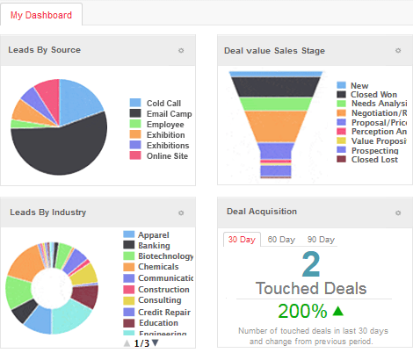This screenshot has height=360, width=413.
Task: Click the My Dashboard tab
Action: [x=42, y=15]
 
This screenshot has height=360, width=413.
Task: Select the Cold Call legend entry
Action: [x=164, y=103]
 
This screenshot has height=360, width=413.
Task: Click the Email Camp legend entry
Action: [x=169, y=113]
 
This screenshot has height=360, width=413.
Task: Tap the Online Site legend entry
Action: [x=167, y=155]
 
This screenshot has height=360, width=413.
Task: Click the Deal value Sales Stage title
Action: [x=275, y=51]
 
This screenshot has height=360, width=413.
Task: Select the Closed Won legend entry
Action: [x=373, y=94]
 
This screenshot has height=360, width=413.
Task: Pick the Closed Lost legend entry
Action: [x=373, y=159]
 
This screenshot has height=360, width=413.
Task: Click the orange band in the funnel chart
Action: [x=278, y=126]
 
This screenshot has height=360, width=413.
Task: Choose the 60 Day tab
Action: [x=280, y=240]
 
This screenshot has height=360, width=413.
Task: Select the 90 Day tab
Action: [x=320, y=240]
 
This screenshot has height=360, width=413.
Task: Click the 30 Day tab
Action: [x=241, y=240]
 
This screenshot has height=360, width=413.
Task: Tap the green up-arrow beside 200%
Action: [x=338, y=310]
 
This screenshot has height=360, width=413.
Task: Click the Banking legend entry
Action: [x=154, y=246]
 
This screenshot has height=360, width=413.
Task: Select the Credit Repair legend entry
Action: [x=165, y=312]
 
